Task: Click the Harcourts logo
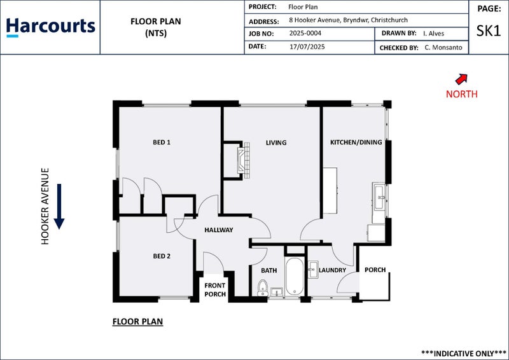point(50,27)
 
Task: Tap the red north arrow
point(461,79)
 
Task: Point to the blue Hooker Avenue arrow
point(59,207)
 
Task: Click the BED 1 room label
point(162,142)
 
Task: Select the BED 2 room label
point(162,256)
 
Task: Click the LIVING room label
point(276,142)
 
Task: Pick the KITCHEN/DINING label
point(356,142)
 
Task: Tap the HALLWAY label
point(218,230)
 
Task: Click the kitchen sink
point(380,197)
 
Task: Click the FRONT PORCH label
point(215,290)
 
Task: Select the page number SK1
point(488,31)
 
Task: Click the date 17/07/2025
point(307,47)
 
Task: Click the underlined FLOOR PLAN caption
point(137,322)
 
